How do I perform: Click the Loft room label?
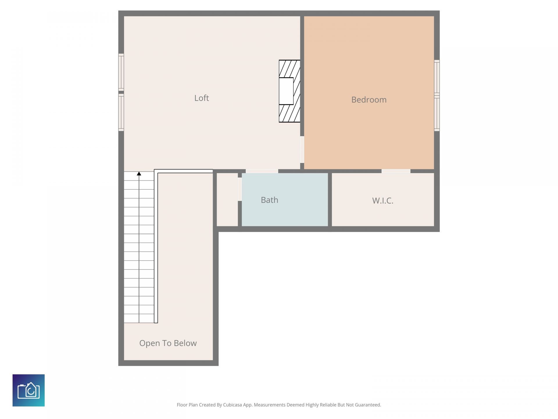[x=201, y=98]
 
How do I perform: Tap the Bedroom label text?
[x=369, y=100]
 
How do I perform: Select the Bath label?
[x=269, y=200]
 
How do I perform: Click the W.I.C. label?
[x=382, y=200]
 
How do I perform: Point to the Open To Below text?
[x=168, y=343]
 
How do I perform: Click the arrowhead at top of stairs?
[x=139, y=174]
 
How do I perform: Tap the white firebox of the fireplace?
[x=286, y=91]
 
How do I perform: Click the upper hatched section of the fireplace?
[x=289, y=68]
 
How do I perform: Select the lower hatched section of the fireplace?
[x=289, y=113]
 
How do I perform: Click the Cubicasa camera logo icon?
[x=28, y=390]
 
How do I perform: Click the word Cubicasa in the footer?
[x=232, y=405]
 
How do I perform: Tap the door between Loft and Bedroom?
[x=302, y=150]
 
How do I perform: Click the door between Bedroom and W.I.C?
[x=396, y=171]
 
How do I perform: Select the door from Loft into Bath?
[x=262, y=171]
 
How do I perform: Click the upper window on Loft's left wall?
[x=121, y=72]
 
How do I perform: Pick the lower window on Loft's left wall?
[x=121, y=112]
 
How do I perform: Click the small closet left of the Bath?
[x=227, y=199]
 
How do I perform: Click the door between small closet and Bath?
[x=240, y=189]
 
